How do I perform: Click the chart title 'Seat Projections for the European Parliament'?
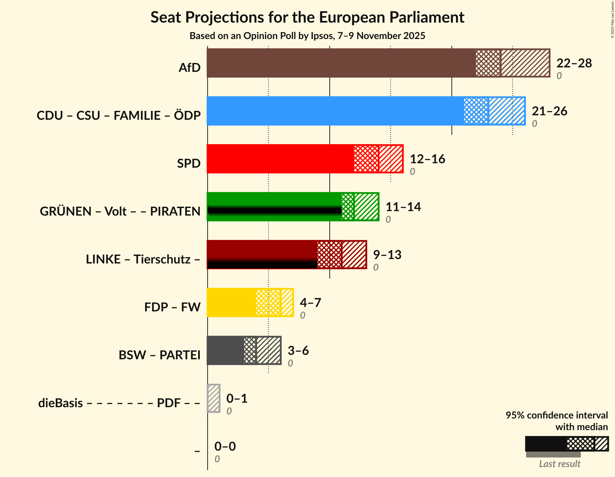(x=307, y=17)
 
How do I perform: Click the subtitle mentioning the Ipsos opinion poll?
(x=307, y=36)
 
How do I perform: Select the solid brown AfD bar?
(x=341, y=63)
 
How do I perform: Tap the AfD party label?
(x=189, y=68)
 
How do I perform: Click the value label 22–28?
(x=574, y=63)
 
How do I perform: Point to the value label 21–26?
(x=549, y=111)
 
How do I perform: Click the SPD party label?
(x=188, y=164)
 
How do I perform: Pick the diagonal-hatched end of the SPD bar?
(x=391, y=159)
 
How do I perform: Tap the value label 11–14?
(x=403, y=207)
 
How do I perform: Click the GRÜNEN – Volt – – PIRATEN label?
(x=120, y=211)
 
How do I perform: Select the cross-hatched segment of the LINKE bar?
(x=329, y=255)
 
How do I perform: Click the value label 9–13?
(x=387, y=255)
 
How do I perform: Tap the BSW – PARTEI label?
(x=159, y=355)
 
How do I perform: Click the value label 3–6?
(x=298, y=351)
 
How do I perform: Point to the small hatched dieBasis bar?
(x=214, y=398)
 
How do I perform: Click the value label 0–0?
(x=225, y=447)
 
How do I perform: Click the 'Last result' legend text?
(x=560, y=464)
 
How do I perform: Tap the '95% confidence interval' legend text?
(x=557, y=415)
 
